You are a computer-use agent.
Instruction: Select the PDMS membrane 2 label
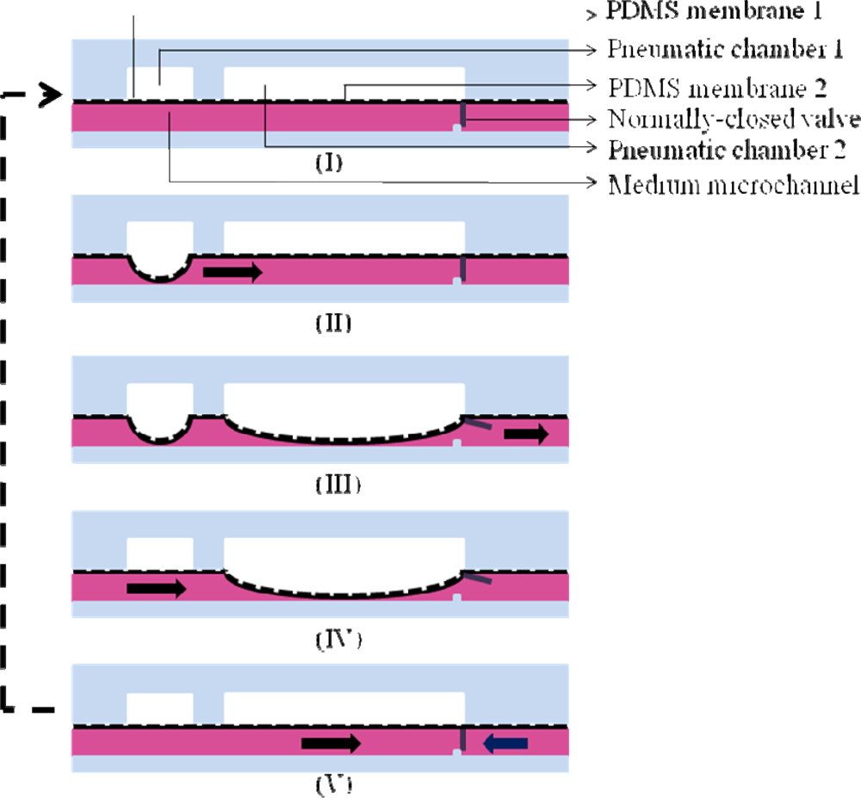point(718,87)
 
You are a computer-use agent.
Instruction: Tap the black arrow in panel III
point(525,435)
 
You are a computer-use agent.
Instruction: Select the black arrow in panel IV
point(156,589)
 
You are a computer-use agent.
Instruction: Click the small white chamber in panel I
point(160,84)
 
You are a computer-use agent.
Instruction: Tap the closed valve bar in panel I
point(462,114)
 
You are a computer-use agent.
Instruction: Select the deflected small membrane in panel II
point(160,277)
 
